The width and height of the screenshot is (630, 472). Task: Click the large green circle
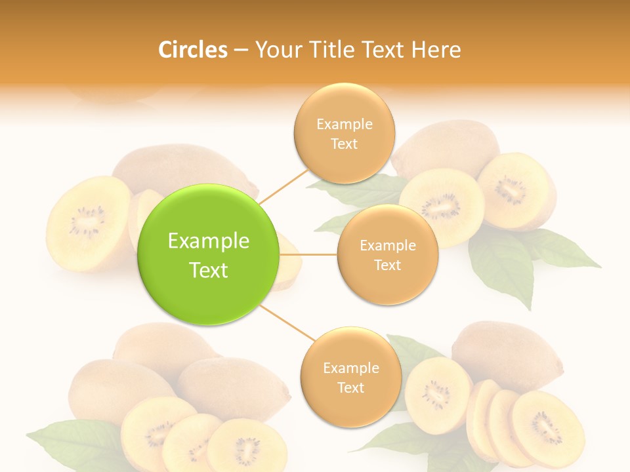pos(209,254)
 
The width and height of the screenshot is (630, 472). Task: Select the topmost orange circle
pos(344,133)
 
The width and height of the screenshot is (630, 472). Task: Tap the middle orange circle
pos(387,254)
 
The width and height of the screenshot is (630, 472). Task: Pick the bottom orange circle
pos(350,377)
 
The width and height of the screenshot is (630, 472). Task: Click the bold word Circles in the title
pos(193,50)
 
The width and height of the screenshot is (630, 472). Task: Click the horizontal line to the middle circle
pos(308,254)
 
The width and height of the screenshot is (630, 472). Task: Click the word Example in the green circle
pos(209,241)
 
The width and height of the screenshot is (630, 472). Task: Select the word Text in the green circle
pos(209,270)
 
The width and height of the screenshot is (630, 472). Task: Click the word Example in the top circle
pos(344,125)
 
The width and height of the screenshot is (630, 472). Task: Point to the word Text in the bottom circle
pos(350,387)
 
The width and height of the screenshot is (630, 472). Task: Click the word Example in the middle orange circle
pos(387,246)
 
